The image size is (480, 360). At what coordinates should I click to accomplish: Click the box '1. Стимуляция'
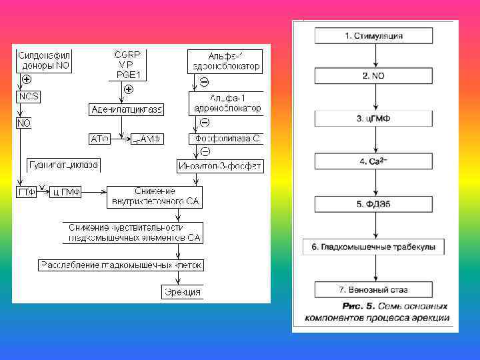click(373, 36)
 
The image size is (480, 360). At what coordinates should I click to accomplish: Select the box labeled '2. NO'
click(373, 76)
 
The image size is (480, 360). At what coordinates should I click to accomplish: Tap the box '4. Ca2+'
click(373, 161)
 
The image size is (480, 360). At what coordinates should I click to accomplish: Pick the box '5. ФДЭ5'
click(373, 204)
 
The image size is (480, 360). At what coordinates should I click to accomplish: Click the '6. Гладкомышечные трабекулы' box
click(373, 247)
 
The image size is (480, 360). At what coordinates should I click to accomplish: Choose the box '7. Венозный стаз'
click(373, 290)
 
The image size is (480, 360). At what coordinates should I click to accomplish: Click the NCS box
click(28, 97)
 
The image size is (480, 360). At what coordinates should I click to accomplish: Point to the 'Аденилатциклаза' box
click(126, 109)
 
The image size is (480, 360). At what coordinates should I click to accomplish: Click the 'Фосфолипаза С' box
click(227, 139)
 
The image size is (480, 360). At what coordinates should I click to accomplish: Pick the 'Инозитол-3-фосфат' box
click(220, 165)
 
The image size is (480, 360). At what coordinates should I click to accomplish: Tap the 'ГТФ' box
click(26, 192)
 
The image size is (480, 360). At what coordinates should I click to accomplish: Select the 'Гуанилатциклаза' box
click(64, 165)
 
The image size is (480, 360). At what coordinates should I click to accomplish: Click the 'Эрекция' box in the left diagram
click(182, 292)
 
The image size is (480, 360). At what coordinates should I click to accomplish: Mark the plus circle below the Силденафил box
click(27, 79)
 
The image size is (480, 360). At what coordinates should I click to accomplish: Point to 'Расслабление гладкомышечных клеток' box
click(121, 265)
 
